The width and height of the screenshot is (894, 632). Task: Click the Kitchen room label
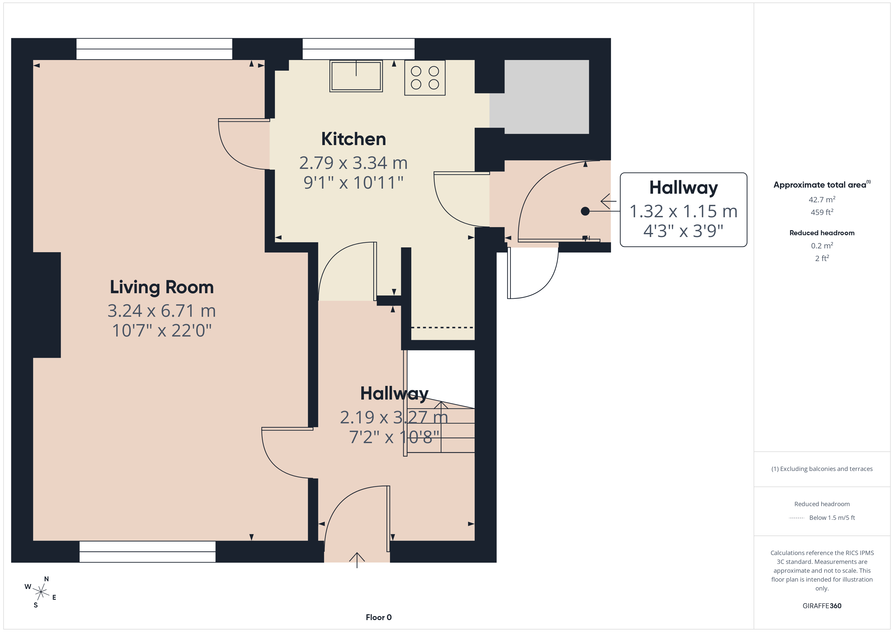click(x=353, y=139)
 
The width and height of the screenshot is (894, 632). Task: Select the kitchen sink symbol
click(x=356, y=76)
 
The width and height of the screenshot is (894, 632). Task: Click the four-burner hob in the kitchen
click(x=425, y=78)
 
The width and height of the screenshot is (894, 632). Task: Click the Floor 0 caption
click(x=379, y=617)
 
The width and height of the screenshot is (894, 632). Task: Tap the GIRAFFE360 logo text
click(x=822, y=605)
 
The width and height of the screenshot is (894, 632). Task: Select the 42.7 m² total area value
click(x=822, y=199)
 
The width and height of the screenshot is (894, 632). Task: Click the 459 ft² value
click(x=822, y=212)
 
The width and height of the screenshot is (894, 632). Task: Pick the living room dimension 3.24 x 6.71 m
click(x=162, y=310)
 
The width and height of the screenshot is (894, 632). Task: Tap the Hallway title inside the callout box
click(x=683, y=188)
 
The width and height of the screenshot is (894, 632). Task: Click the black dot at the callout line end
click(x=585, y=211)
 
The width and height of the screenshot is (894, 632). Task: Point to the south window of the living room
click(x=147, y=551)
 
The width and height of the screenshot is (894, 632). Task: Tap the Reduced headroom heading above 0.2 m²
click(x=822, y=233)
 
